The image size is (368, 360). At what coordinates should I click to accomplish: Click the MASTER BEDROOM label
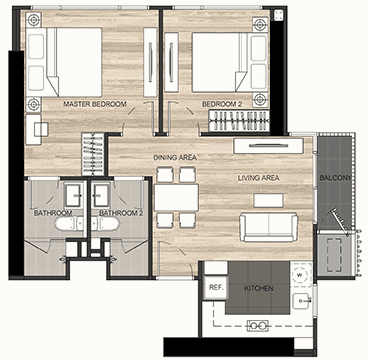pos(95,104)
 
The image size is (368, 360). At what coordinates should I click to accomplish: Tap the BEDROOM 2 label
pos(222,104)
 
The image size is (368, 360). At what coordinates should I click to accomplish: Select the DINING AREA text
pos(175,157)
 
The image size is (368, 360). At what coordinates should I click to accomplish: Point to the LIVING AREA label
pos(259,178)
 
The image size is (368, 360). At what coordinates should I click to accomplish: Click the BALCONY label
pos(335,178)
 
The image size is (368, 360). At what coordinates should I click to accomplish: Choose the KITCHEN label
pos(258,288)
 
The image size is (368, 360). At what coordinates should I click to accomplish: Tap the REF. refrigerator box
pos(215,287)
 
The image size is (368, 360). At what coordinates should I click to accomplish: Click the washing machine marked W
pos(301,275)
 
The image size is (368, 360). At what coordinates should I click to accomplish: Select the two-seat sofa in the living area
pos(269,227)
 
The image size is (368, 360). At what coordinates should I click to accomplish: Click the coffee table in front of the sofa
pos(268,200)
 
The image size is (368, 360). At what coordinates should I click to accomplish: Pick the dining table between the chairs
pos(176,197)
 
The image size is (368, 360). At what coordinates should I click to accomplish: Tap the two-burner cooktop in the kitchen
pos(257,325)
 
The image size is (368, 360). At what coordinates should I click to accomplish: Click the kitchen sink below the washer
pos(302,301)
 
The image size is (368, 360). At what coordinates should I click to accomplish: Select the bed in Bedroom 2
pos(230,62)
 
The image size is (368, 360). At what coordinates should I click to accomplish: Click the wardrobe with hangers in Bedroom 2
pos(239,120)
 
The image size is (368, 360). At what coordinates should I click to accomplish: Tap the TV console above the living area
pos(268,146)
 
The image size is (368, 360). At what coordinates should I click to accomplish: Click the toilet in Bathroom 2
pos(105,223)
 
